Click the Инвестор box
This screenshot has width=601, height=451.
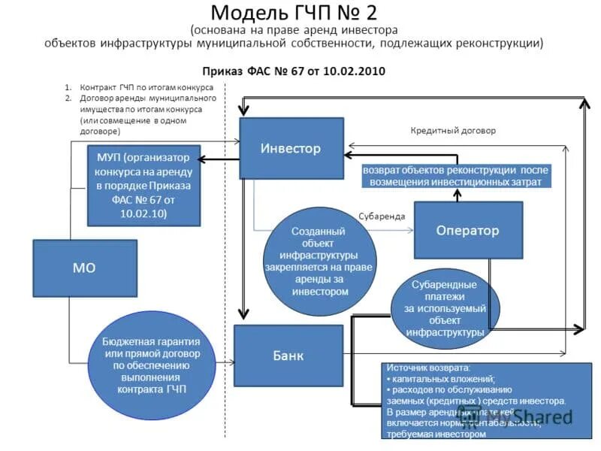(291, 148)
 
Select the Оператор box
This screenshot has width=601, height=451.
(467, 231)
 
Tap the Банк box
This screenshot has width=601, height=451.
(288, 355)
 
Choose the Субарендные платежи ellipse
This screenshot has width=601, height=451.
(445, 308)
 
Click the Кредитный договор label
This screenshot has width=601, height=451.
(453, 130)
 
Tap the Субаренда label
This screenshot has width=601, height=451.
(382, 216)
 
